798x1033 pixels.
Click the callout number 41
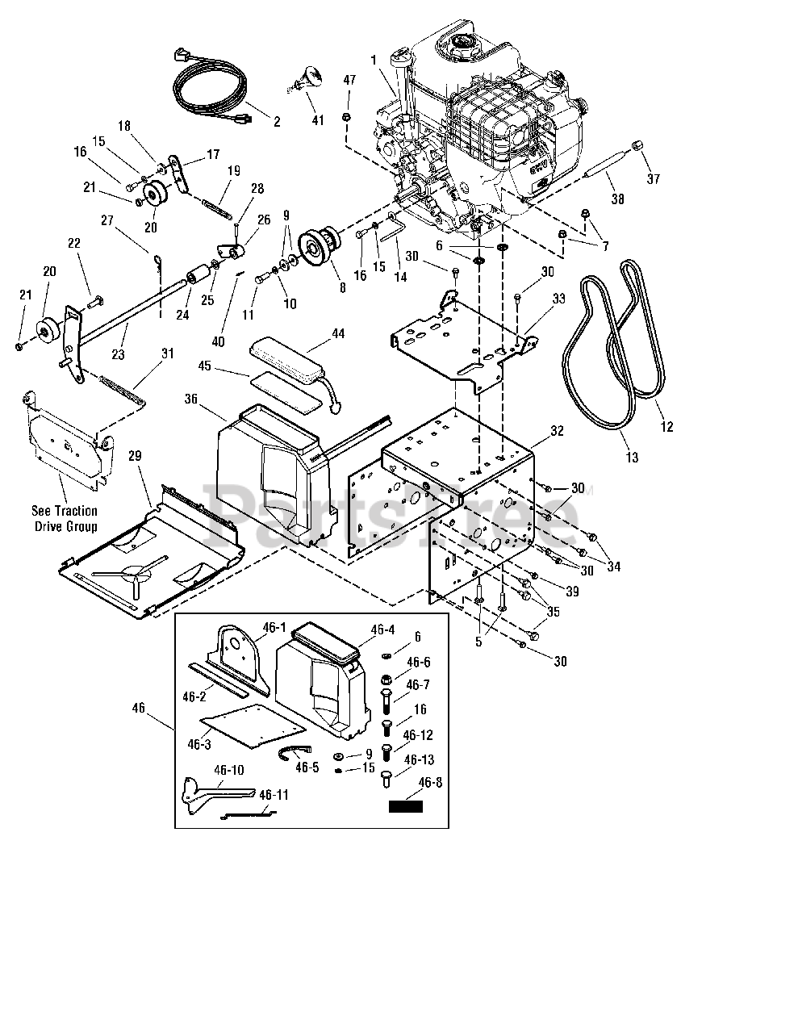pos(318,120)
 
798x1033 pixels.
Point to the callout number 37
pos(654,178)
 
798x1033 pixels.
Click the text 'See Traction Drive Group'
pos(65,518)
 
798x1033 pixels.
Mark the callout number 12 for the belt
pos(666,427)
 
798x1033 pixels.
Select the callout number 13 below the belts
pos(632,458)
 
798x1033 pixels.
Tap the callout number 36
pos(191,399)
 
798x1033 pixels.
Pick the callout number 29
pos(134,456)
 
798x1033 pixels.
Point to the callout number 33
pos(558,299)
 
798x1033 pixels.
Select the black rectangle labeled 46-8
pos(406,805)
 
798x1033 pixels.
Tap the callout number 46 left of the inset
pos(139,707)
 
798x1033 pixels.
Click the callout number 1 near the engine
pos(374,59)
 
